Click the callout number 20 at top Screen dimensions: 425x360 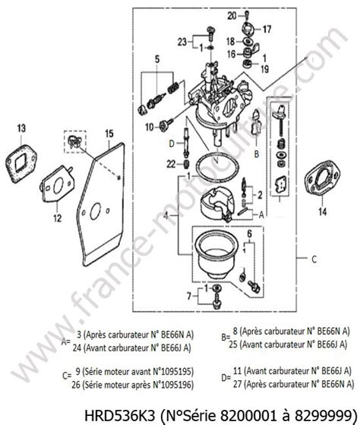click(x=231, y=14)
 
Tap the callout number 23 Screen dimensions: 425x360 click(x=182, y=41)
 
